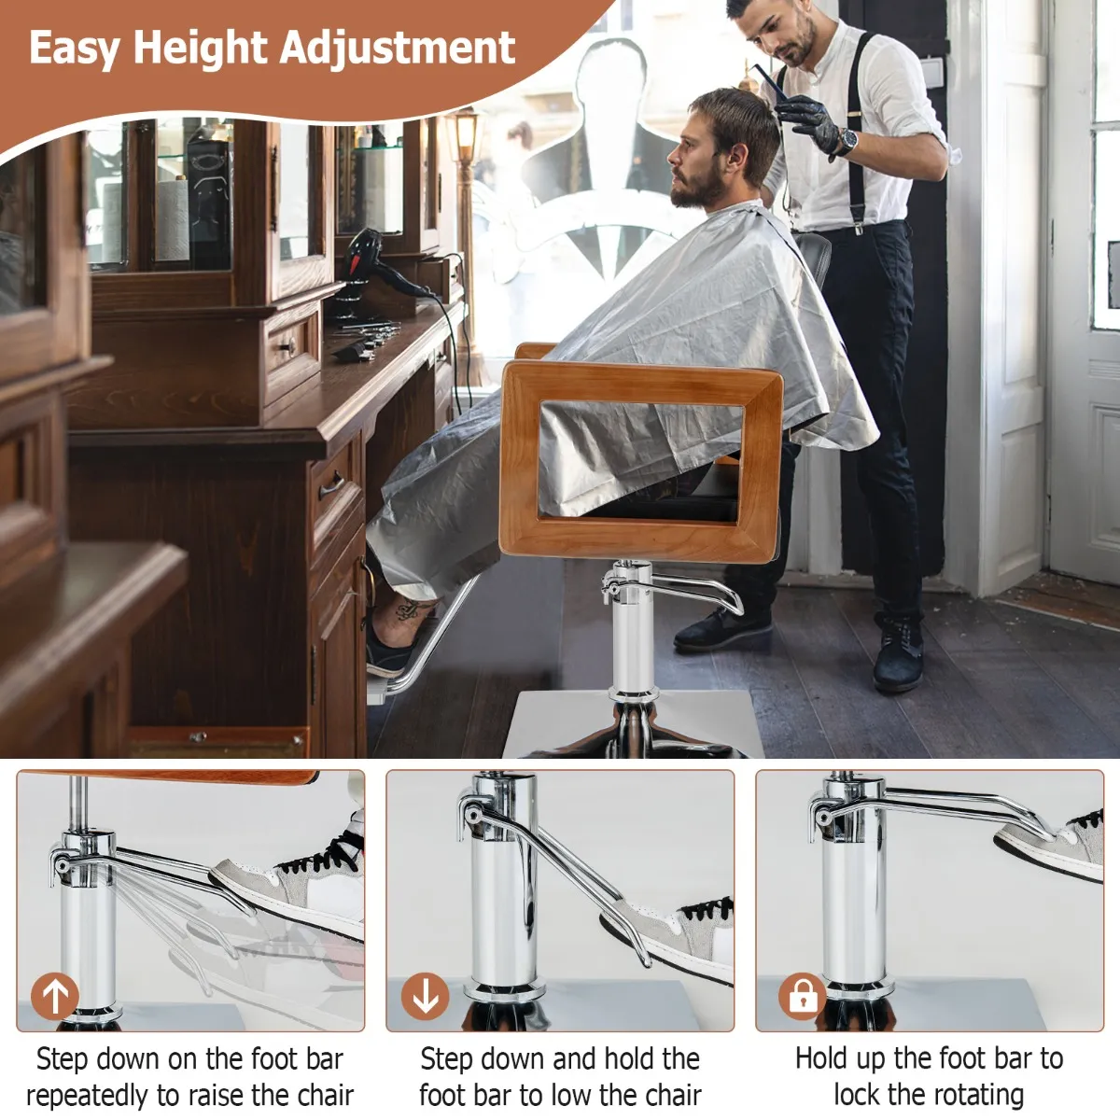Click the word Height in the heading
click(x=201, y=49)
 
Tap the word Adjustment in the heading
click(x=398, y=49)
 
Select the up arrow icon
click(x=55, y=996)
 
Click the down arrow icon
click(x=425, y=996)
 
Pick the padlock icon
click(x=803, y=996)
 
